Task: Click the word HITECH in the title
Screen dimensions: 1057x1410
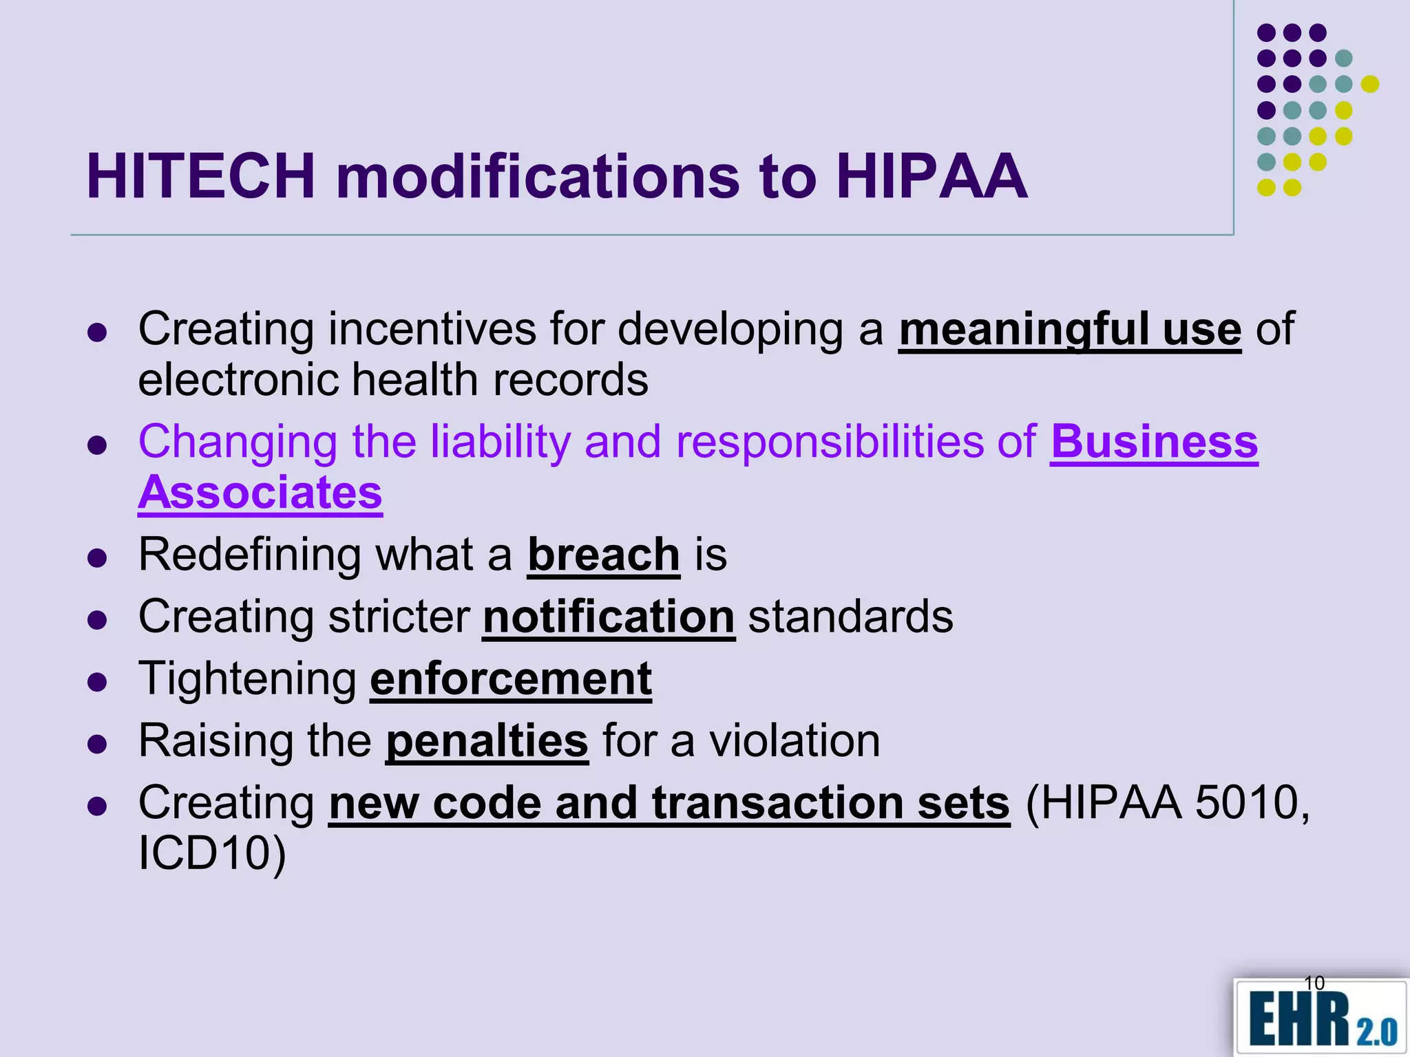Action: click(200, 177)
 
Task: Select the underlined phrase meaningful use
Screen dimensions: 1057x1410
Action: click(1069, 330)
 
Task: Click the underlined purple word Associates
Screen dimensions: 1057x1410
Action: click(260, 493)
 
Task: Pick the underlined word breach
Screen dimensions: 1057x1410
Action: click(604, 555)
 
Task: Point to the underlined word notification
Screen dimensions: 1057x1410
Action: click(609, 617)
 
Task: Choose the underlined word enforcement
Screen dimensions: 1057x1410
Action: click(511, 679)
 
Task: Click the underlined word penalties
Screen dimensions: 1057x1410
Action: click(487, 741)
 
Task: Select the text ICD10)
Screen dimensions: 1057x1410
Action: click(212, 853)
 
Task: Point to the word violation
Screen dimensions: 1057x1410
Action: click(795, 741)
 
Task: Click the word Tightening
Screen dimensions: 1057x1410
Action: click(247, 679)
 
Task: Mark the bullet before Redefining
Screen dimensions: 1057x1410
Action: click(98, 557)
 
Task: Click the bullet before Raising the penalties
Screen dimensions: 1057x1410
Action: click(98, 743)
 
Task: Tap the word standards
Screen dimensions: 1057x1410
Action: click(850, 617)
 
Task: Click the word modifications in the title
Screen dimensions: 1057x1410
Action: click(537, 177)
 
